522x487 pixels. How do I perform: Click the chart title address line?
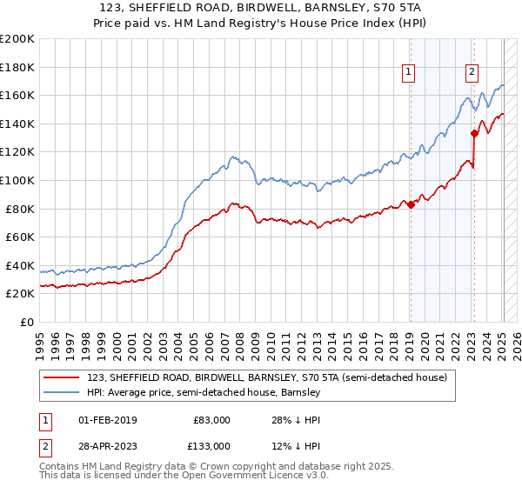(x=261, y=8)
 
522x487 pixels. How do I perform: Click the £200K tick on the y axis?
(x=17, y=39)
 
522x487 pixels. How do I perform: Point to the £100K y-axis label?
(x=17, y=180)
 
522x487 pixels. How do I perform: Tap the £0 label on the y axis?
(x=27, y=322)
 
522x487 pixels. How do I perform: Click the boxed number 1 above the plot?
(x=408, y=73)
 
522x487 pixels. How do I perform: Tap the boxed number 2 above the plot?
(x=472, y=73)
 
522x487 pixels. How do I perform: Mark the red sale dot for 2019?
(x=411, y=204)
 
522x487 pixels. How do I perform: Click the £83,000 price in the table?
(x=211, y=420)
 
